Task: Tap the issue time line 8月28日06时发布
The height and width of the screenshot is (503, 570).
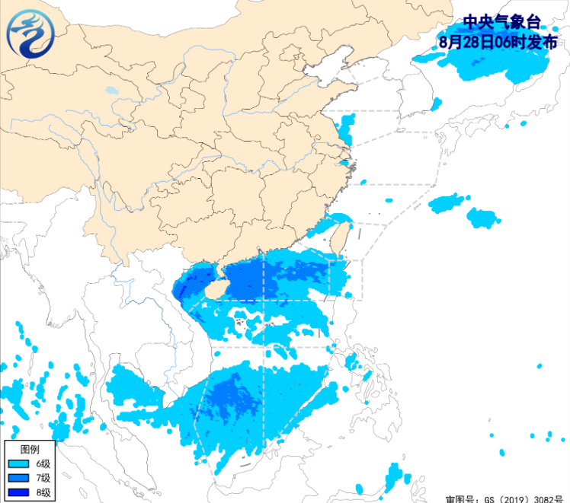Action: click(498, 43)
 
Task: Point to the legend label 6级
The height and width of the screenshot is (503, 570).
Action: click(43, 463)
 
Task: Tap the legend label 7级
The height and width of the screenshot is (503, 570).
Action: click(43, 478)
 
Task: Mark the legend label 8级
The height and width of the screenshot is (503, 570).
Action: click(43, 492)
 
